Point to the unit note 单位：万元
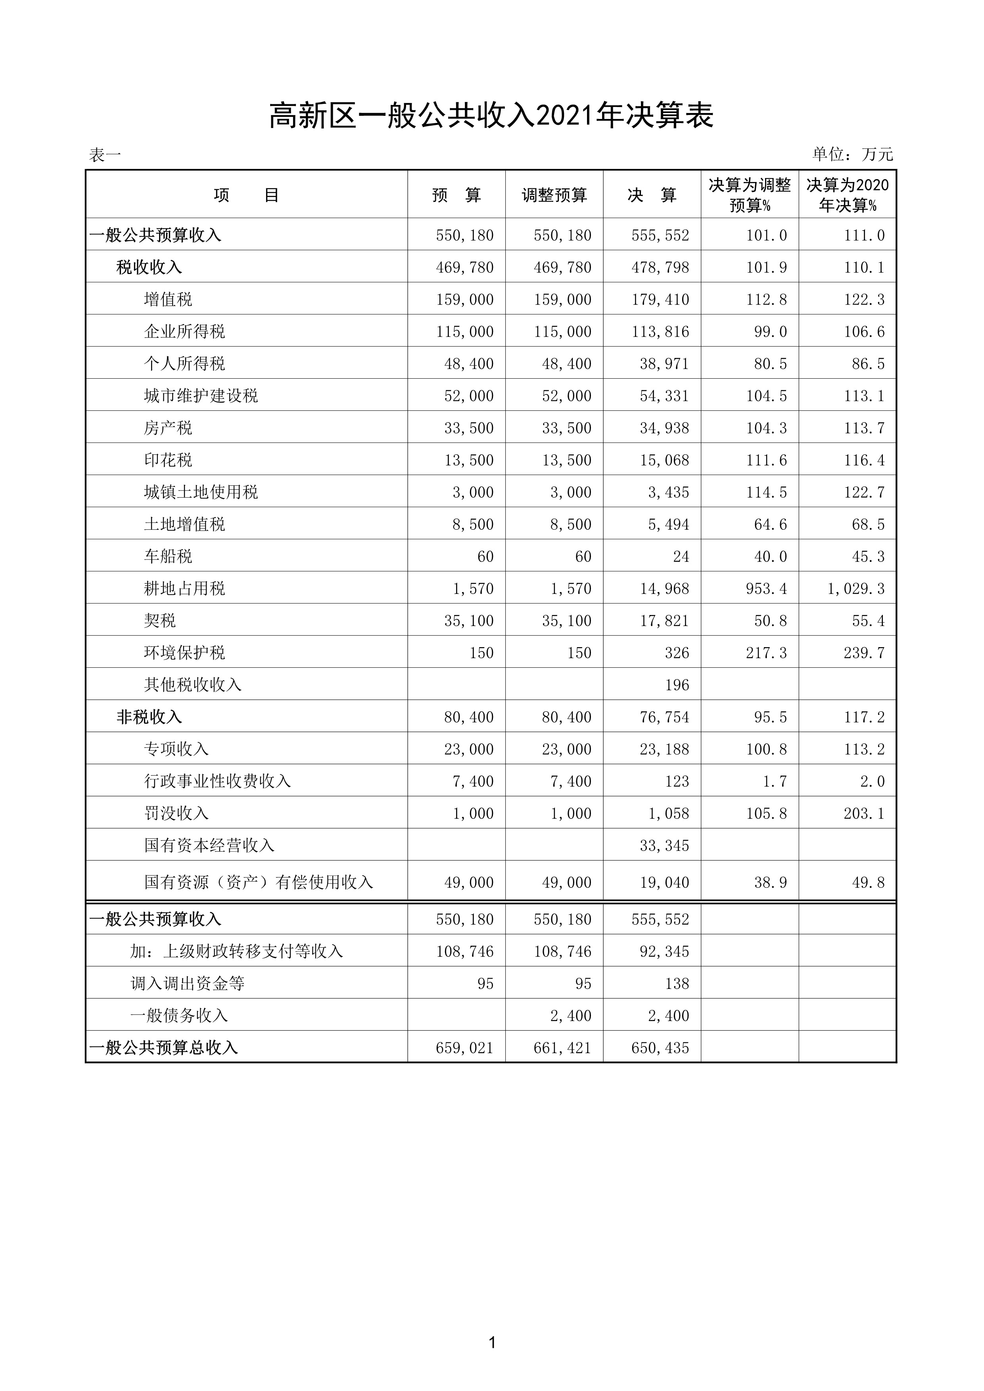852,155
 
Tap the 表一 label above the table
105,155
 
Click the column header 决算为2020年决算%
847,195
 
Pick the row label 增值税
168,299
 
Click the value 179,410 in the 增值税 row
660,299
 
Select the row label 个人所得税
184,364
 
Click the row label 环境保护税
184,653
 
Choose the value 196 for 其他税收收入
676,684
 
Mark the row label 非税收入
149,717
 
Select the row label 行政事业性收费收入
217,781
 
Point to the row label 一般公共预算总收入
163,1048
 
